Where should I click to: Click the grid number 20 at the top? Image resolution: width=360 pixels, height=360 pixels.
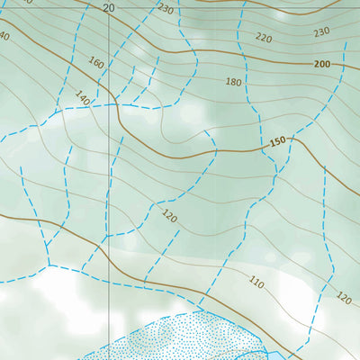click(x=109, y=7)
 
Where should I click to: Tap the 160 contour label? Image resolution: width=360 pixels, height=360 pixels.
click(x=97, y=64)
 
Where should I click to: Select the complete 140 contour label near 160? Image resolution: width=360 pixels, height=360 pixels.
click(x=83, y=96)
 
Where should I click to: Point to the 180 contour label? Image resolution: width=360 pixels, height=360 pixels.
click(x=234, y=82)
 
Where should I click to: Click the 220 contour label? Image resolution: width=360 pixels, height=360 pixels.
click(x=263, y=38)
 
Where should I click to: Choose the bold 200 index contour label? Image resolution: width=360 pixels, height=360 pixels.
click(x=323, y=65)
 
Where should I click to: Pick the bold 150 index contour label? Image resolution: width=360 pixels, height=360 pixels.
click(x=278, y=142)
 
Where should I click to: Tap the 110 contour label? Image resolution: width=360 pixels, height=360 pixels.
click(x=256, y=283)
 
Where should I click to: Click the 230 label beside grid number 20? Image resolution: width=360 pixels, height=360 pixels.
click(x=165, y=9)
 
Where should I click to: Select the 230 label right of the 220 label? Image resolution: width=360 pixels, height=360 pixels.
click(x=321, y=32)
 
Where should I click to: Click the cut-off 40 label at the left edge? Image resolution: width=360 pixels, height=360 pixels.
click(x=4, y=36)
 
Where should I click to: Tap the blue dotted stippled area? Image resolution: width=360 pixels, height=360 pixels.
click(x=180, y=340)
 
